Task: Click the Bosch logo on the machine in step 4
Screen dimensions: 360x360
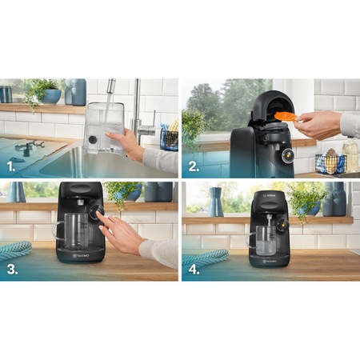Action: click(268, 195)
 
